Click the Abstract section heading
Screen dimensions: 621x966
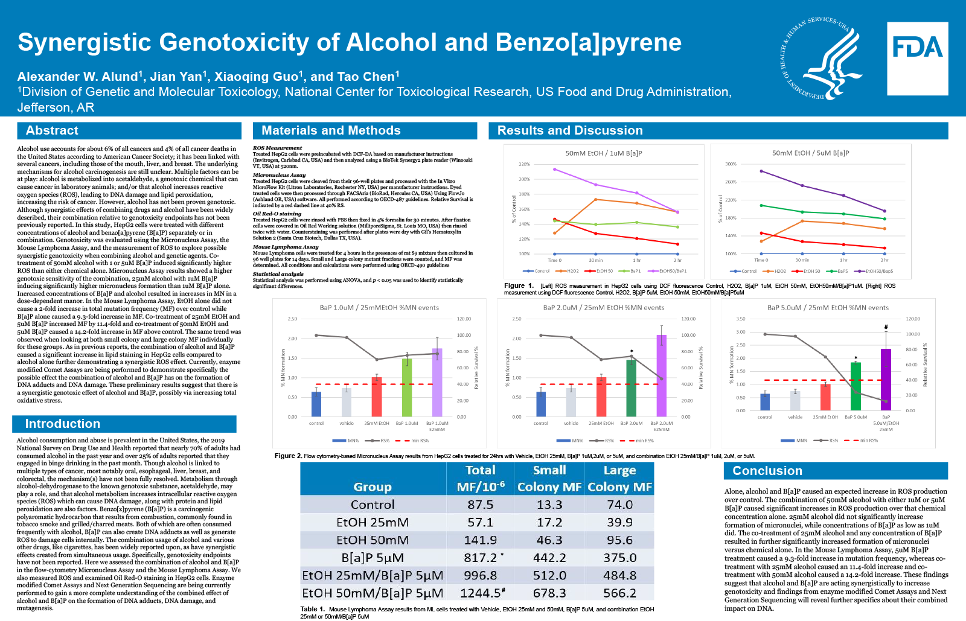52,130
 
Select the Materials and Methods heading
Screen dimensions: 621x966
331,130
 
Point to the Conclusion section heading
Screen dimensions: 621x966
767,471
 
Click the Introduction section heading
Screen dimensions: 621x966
62,424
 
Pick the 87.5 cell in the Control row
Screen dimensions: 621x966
480,505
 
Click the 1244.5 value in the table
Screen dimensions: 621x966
480,593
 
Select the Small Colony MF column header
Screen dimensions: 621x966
549,479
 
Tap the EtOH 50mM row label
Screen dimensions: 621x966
373,540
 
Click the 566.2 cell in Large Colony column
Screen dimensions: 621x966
619,593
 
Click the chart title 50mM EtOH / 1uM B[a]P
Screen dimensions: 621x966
603,153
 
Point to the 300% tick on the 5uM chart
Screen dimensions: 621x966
731,164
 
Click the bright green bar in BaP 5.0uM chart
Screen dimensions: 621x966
856,386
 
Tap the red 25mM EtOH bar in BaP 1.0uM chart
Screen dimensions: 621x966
377,396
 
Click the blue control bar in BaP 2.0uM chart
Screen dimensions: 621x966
541,404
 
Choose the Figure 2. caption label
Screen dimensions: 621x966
288,456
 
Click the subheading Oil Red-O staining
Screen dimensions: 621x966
277,214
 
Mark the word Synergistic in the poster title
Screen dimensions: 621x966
85,42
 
